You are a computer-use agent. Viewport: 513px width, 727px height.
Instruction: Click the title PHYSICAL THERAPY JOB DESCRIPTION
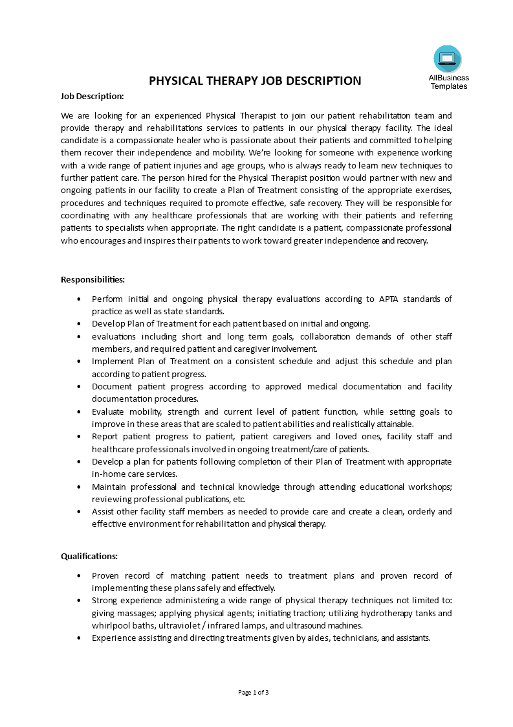click(256, 81)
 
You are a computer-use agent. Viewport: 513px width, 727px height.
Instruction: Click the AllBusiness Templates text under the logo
click(448, 82)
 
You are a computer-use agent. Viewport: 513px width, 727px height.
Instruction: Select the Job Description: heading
click(92, 97)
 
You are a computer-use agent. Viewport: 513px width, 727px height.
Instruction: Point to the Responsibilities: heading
click(93, 279)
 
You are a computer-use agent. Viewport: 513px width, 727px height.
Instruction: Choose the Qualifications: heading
click(89, 556)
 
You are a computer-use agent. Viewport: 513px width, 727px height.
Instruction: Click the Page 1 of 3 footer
click(254, 693)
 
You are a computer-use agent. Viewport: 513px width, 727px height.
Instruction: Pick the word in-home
click(107, 474)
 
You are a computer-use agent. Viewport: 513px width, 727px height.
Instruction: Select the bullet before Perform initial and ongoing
click(79, 299)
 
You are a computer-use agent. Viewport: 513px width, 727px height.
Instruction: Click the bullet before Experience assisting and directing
click(79, 638)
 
